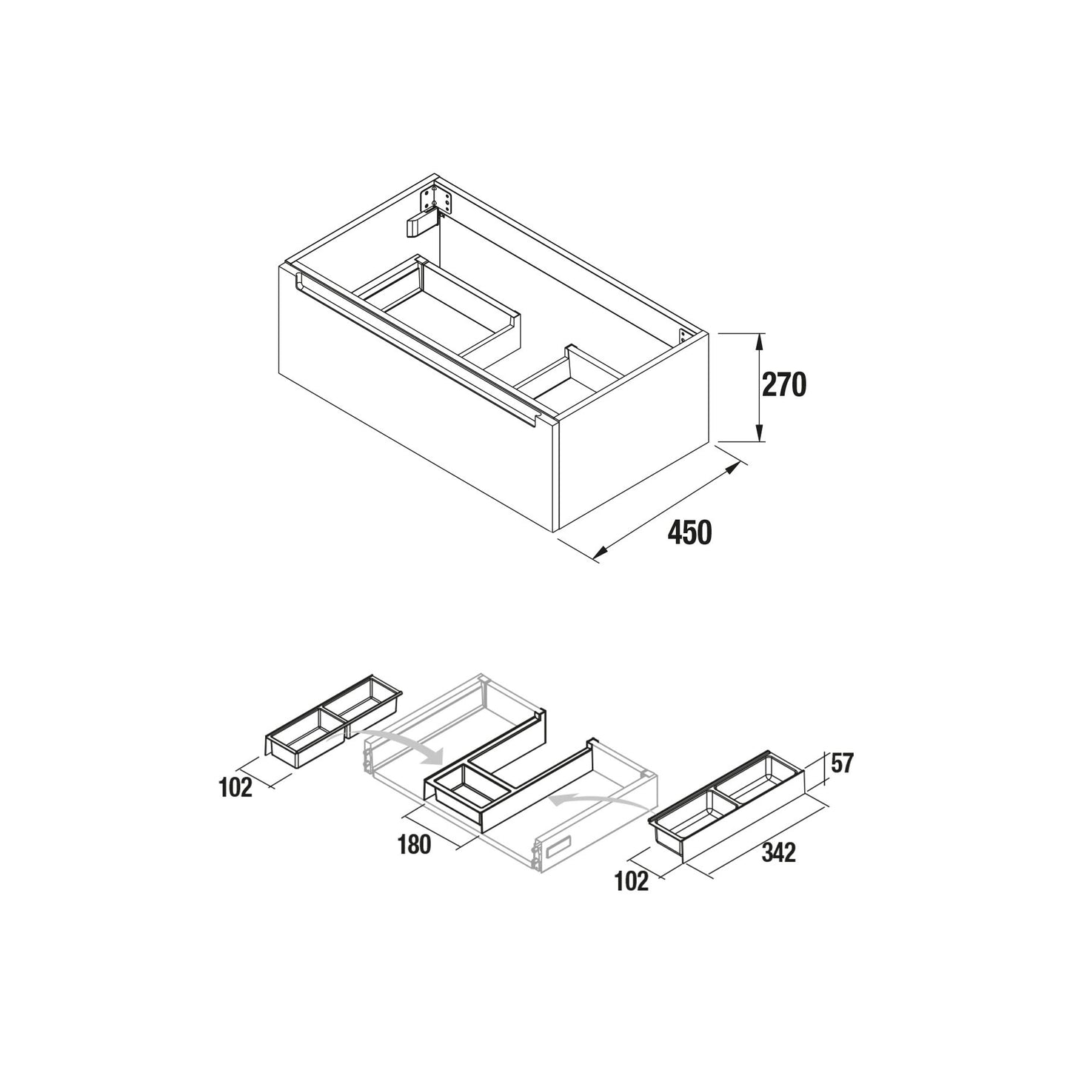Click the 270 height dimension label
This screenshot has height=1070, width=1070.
point(783,385)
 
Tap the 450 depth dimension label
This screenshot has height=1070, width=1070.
point(689,533)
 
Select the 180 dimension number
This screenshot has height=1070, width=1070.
point(414,845)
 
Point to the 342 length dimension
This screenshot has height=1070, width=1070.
point(778,852)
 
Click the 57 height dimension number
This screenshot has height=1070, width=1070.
point(842,763)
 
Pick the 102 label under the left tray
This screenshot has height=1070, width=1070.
point(236,787)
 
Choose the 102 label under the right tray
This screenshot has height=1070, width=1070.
point(632,881)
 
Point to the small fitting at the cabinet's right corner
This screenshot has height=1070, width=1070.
point(684,337)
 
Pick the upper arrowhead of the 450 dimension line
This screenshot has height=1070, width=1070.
point(733,467)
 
